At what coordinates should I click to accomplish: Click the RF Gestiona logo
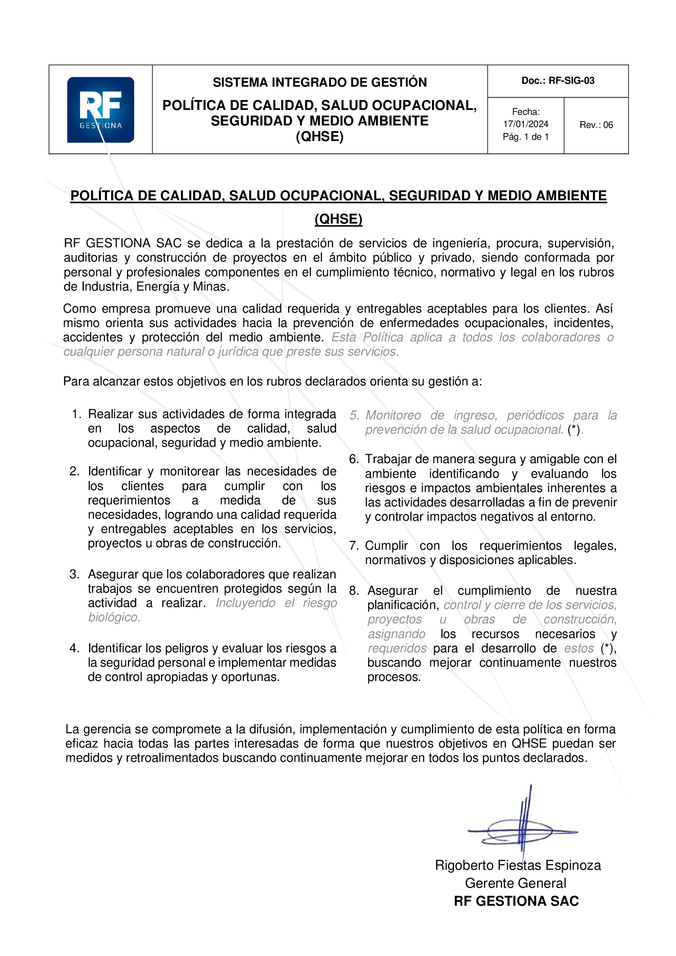pos(100,110)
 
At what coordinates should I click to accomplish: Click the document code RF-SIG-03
pos(571,81)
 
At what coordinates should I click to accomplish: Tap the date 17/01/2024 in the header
pos(526,124)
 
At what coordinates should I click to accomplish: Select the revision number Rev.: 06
pos(596,125)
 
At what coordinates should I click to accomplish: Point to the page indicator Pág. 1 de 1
pos(526,137)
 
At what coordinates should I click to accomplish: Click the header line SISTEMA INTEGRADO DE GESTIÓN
pos(320,83)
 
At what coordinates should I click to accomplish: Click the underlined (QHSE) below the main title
pos(338,219)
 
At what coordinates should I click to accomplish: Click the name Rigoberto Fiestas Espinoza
pos(518,865)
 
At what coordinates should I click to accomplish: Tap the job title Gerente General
pos(515,883)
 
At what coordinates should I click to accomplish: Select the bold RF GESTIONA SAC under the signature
pos(516,901)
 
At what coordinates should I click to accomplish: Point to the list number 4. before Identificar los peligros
pos(74,648)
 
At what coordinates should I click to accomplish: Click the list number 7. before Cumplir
pos(354,546)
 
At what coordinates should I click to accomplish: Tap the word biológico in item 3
pos(114,617)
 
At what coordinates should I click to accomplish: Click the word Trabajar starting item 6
pos(388,459)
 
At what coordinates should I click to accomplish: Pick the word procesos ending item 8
pos(393,677)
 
